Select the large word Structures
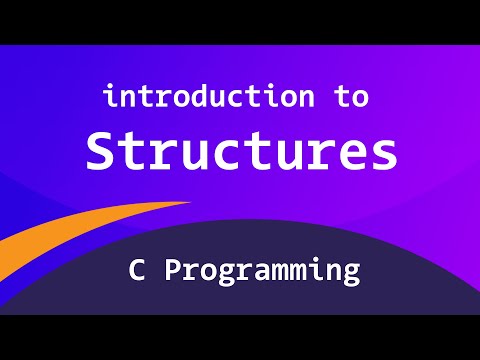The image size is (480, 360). pos(240,151)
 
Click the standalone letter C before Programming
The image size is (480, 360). pos(136,270)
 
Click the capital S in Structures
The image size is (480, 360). pos(102,151)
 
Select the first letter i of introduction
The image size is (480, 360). pos(111,97)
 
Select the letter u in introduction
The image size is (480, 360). pos(231,100)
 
